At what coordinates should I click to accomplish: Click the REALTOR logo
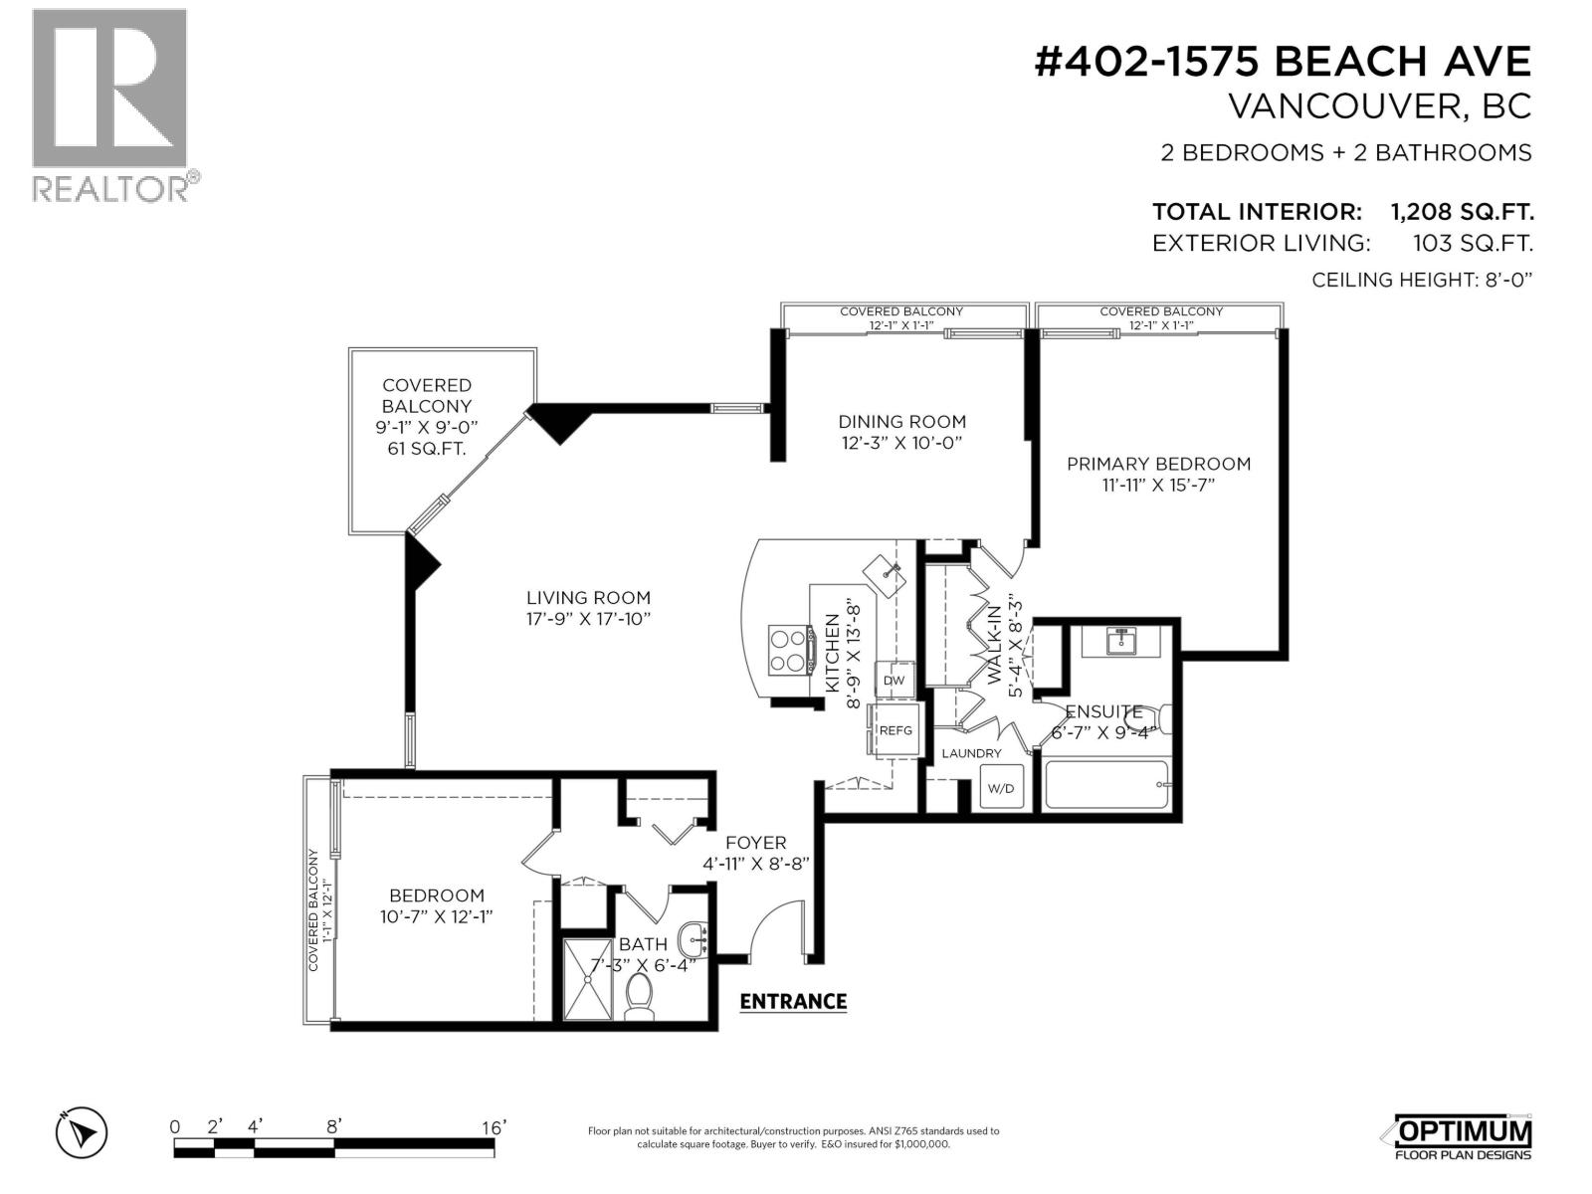click(109, 104)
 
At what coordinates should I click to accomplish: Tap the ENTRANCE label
click(793, 1001)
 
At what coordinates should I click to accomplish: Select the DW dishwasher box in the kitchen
click(894, 681)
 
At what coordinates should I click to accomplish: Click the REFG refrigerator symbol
click(895, 730)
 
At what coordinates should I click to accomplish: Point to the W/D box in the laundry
click(1000, 789)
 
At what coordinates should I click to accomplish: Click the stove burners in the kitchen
click(790, 649)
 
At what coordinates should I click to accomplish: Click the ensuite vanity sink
click(1122, 642)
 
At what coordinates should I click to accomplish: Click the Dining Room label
click(901, 422)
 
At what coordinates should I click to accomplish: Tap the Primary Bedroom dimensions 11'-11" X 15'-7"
click(1158, 486)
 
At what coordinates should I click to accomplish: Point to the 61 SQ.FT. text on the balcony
click(427, 449)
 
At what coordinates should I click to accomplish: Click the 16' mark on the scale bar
click(494, 1127)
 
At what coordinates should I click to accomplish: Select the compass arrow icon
click(82, 1132)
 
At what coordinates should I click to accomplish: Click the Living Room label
click(588, 598)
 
